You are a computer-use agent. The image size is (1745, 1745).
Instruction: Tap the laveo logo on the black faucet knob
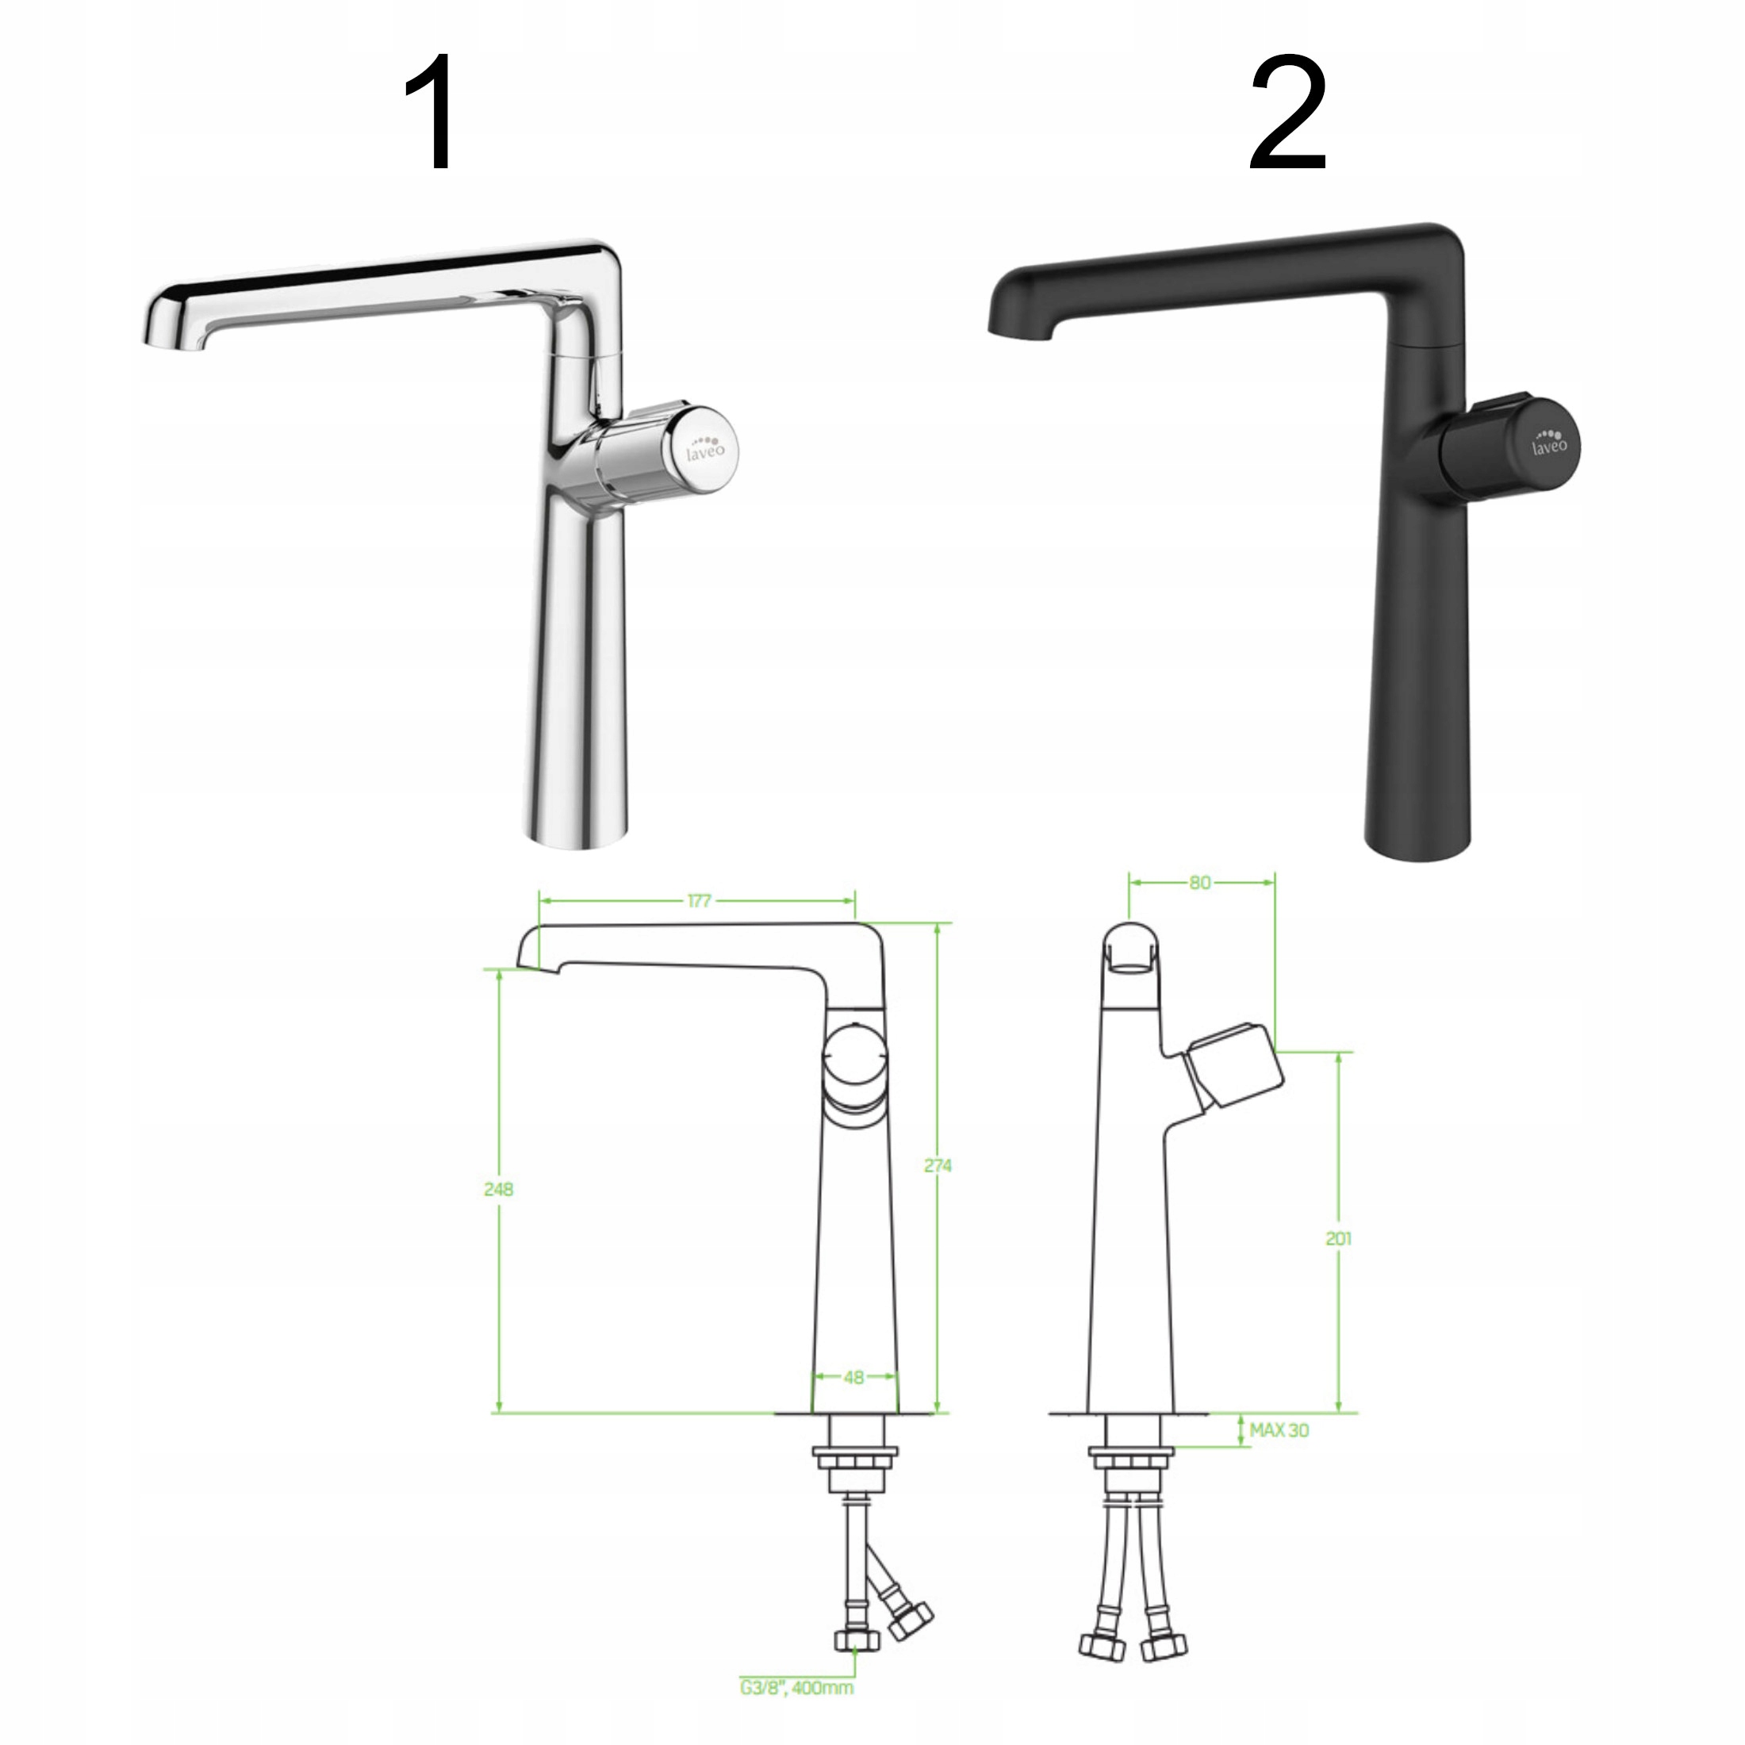(1549, 442)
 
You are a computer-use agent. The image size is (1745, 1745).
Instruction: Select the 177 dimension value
(699, 900)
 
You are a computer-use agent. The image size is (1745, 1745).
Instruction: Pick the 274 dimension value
(938, 1166)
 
